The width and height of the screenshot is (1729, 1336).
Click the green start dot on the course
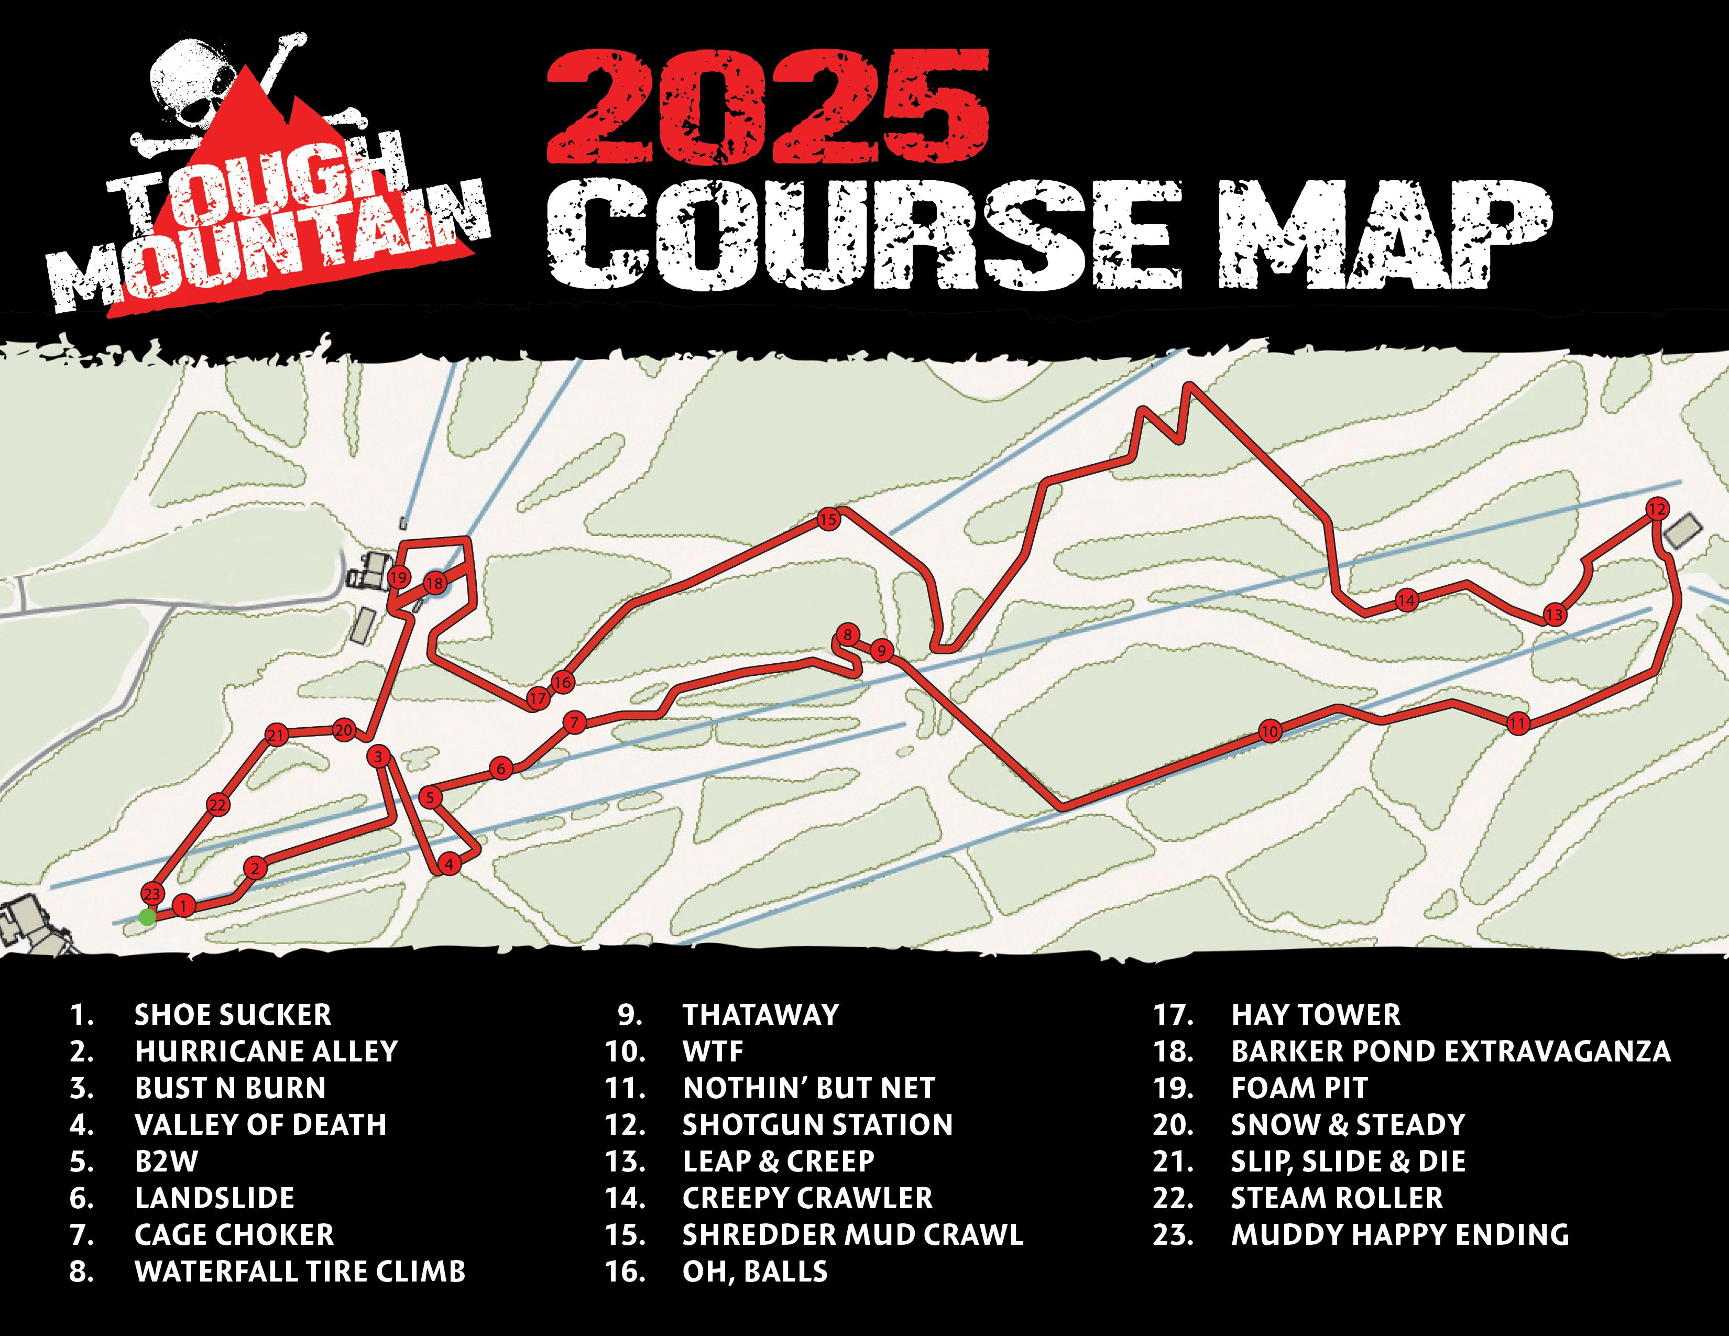point(147,917)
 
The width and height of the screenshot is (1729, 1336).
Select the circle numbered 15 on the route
point(827,520)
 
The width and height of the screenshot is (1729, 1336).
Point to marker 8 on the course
point(847,635)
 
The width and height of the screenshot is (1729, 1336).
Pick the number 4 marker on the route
point(449,864)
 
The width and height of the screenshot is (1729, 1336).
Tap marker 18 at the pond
point(435,584)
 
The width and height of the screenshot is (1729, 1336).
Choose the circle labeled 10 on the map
point(1270,732)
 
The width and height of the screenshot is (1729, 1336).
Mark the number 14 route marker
point(1406,601)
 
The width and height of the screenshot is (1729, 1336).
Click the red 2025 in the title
point(768,107)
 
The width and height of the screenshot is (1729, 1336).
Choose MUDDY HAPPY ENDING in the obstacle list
point(1399,1235)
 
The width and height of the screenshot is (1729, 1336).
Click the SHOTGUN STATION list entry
point(817,1125)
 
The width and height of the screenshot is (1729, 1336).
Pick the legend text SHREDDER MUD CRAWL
point(852,1235)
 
